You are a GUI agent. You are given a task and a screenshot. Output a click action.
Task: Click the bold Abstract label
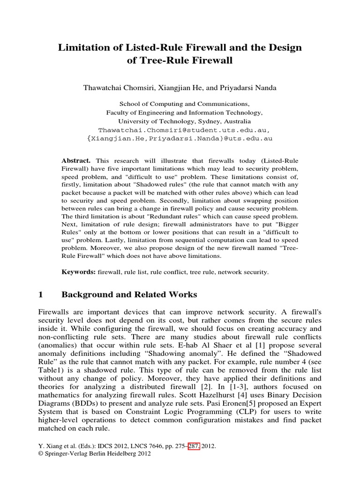click(76, 160)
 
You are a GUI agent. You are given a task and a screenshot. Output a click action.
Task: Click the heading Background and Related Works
click(129, 294)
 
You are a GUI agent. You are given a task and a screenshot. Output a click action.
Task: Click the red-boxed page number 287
click(194, 446)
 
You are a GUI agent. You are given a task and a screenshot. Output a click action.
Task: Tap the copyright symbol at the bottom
click(39, 454)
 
